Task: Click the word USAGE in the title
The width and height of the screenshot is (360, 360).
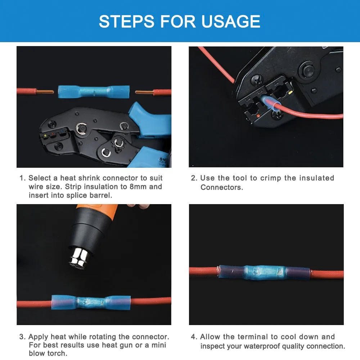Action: coord(231,21)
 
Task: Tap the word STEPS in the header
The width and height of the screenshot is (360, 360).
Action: coord(127,21)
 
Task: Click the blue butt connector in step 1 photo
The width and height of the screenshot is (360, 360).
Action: coord(94,91)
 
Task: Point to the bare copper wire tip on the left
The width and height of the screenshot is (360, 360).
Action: coord(45,92)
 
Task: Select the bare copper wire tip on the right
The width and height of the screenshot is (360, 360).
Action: coord(144,92)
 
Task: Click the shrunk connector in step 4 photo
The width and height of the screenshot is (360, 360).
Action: coord(264,273)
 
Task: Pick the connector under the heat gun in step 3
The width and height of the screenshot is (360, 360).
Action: coord(91,302)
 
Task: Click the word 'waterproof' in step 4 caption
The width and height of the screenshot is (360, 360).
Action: coord(262,346)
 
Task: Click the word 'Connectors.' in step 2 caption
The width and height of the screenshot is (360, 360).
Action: coord(221,187)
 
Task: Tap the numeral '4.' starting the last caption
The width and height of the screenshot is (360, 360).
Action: coord(194,337)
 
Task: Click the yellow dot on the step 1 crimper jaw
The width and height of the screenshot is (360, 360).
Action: coord(45,136)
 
